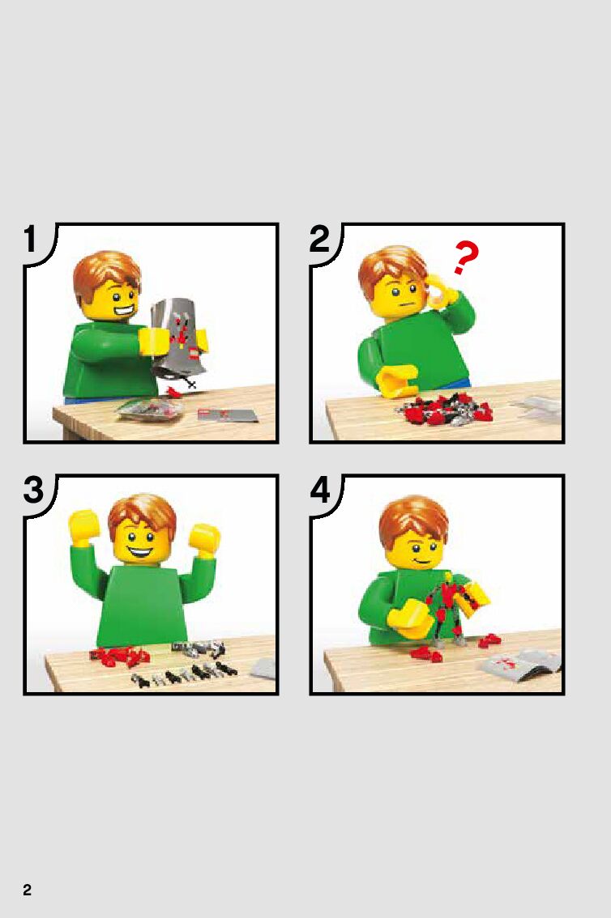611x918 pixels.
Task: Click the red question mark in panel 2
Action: [x=466, y=258]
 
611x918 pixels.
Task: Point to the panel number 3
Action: [x=33, y=490]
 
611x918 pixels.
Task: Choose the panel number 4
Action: [x=320, y=490]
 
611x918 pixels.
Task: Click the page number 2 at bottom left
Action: [x=27, y=890]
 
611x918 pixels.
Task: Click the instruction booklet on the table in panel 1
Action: [x=227, y=415]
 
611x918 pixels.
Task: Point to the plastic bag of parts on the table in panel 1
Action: [x=149, y=410]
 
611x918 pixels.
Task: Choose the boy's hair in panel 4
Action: [x=413, y=519]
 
